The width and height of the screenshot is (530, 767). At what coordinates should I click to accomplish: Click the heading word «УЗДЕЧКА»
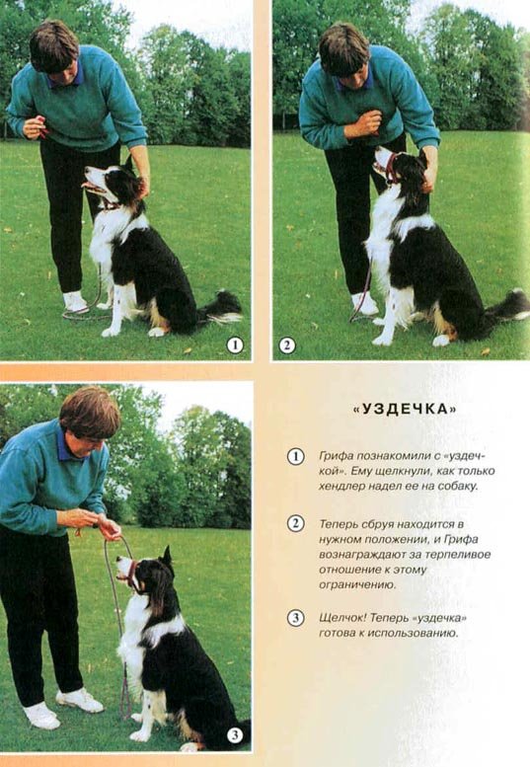[405, 409]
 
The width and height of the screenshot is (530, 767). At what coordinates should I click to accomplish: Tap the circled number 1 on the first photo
[235, 345]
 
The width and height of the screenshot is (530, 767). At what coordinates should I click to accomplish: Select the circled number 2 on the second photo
[287, 345]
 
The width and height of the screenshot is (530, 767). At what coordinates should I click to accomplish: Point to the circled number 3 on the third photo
[235, 734]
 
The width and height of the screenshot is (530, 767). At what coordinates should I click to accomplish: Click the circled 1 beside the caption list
[295, 456]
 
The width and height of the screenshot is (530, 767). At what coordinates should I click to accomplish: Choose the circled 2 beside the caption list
[295, 524]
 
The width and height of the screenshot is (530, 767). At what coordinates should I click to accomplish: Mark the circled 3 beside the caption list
[295, 618]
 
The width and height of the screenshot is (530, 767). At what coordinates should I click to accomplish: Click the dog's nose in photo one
[87, 170]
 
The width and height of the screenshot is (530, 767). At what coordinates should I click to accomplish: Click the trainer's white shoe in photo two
[364, 303]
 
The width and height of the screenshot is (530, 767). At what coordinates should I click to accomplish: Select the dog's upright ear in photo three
[167, 558]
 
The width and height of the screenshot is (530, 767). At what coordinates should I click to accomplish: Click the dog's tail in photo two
[507, 307]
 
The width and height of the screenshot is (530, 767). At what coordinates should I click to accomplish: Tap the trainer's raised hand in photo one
[35, 126]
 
